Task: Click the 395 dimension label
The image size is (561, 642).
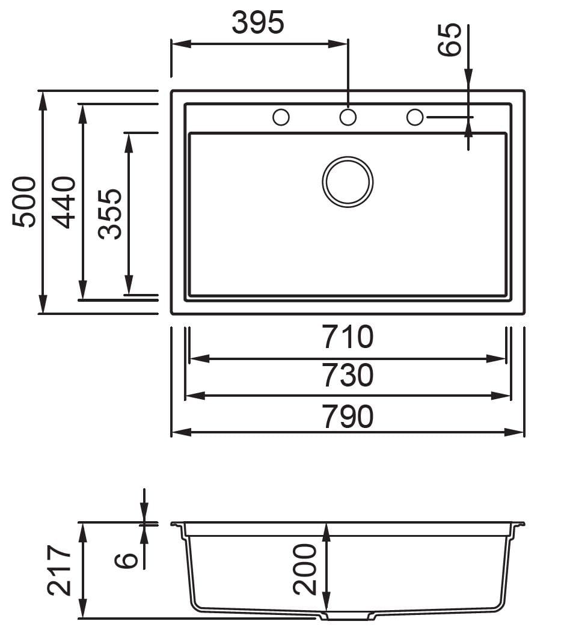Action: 257,23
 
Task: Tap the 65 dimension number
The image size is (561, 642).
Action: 450,40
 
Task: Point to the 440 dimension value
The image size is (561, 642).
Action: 64,202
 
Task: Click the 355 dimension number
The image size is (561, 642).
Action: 110,214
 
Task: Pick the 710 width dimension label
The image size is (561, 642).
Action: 348,337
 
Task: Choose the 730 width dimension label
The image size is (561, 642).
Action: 348,376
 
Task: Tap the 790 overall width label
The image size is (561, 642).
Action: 348,417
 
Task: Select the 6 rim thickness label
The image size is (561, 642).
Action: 127,560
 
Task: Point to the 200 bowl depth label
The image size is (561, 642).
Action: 305,569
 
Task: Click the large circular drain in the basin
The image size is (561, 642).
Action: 348,182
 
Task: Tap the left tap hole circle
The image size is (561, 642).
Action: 281,117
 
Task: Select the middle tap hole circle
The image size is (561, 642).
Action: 348,117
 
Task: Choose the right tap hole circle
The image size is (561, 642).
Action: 415,117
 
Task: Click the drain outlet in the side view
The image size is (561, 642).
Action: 348,616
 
